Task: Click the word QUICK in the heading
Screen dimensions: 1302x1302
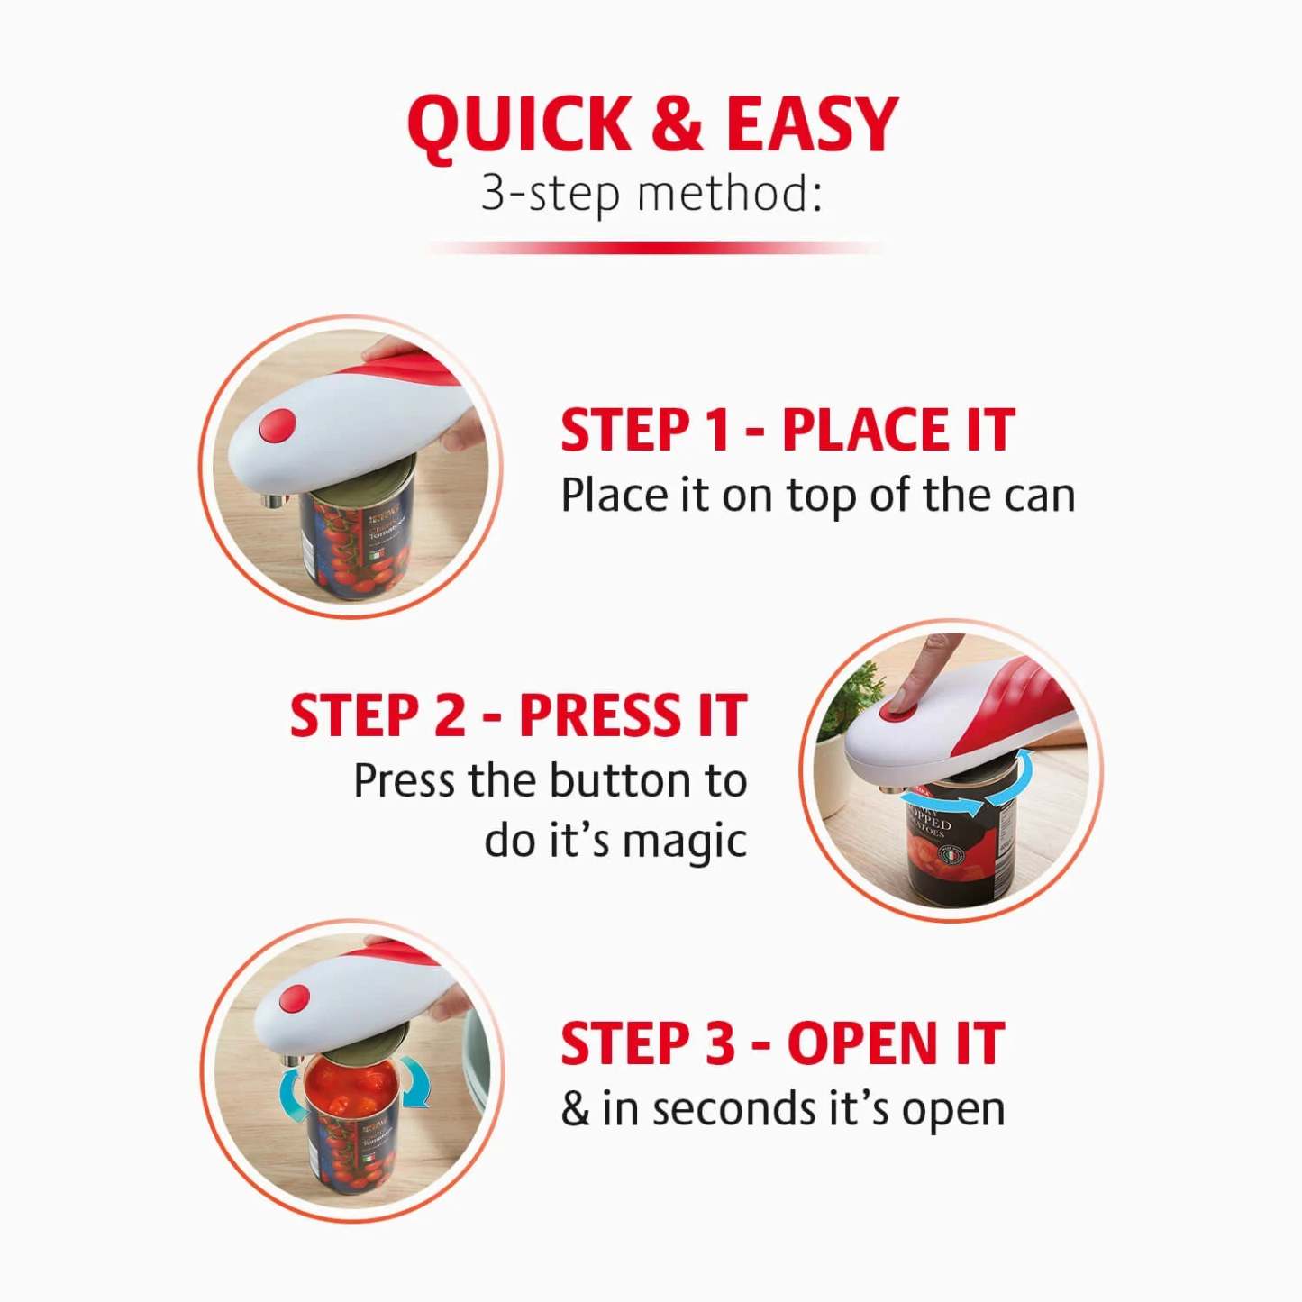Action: click(x=520, y=124)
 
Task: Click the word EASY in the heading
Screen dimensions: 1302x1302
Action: click(x=812, y=124)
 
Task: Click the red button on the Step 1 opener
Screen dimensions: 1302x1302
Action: click(x=277, y=425)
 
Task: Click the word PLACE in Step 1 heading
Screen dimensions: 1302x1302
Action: click(x=866, y=430)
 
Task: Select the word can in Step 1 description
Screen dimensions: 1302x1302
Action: click(x=1036, y=496)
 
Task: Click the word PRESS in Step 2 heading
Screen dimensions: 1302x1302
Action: click(x=600, y=716)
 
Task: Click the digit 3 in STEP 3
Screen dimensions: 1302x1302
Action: click(x=719, y=1044)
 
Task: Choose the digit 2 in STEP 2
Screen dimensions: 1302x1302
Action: click(x=451, y=716)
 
